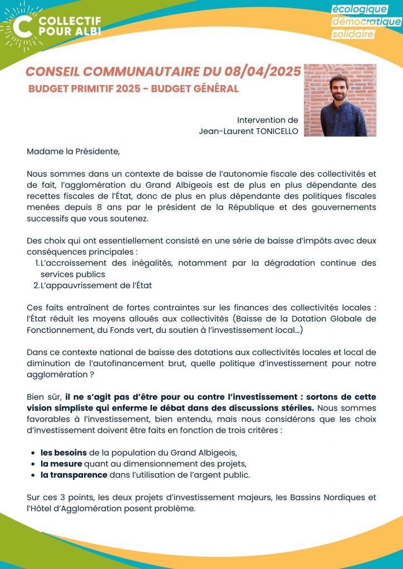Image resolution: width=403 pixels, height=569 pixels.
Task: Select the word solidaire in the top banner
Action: coord(353,34)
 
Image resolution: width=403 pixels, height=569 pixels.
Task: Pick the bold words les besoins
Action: coord(63,452)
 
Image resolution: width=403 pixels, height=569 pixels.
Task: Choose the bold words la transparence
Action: coord(73,475)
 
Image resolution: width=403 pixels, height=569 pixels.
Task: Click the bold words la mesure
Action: coord(61,463)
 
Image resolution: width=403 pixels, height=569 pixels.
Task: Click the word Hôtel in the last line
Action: coord(40,508)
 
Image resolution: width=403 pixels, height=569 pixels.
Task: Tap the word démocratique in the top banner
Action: coord(366,22)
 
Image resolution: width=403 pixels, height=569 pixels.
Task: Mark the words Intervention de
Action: coord(268,120)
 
